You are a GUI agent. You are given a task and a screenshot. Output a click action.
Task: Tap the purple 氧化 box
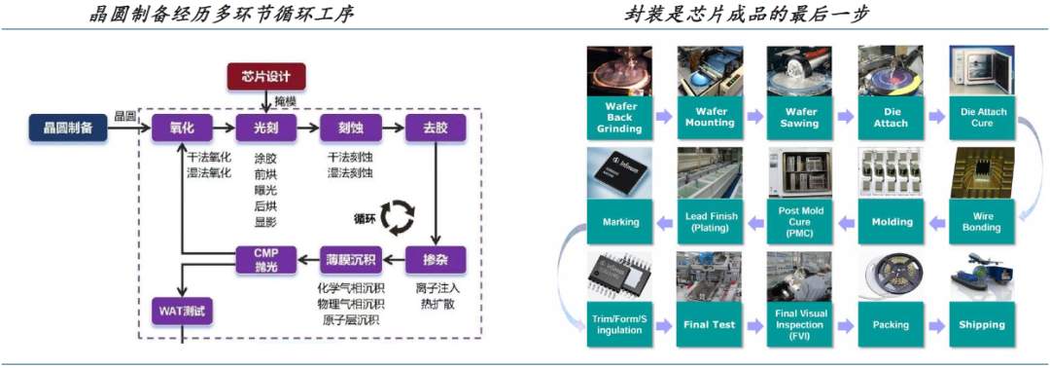click(182, 128)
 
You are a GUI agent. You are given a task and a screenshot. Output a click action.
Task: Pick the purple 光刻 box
click(265, 128)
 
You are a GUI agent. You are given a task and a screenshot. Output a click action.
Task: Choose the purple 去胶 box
click(435, 128)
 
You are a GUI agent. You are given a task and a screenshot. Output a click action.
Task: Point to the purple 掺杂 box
click(435, 260)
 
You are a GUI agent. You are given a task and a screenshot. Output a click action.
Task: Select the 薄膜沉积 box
click(350, 260)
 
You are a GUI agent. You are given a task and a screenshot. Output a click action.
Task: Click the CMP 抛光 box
click(265, 260)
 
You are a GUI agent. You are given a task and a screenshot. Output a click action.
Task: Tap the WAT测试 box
click(182, 312)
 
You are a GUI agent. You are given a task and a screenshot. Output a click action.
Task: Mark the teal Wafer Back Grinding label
click(619, 118)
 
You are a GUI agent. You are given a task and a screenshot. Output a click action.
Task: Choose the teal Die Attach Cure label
click(983, 118)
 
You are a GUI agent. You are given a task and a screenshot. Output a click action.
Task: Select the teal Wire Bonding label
click(982, 221)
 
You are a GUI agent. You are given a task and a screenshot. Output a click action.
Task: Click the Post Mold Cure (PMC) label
click(800, 221)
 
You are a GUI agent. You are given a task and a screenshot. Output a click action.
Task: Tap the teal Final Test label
click(710, 324)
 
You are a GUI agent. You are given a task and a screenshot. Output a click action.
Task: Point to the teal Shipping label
click(982, 324)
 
